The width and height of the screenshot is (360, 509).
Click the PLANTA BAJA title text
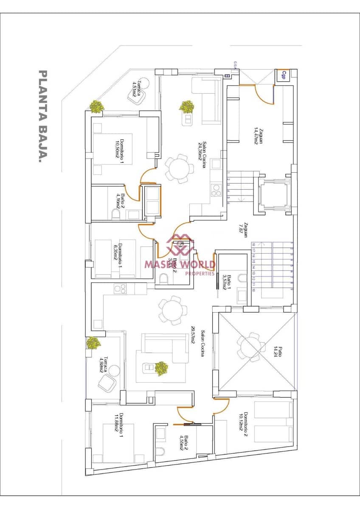[42, 117]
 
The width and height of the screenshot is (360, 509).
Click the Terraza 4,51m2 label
[136, 89]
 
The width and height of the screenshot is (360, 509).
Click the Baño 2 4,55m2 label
[184, 442]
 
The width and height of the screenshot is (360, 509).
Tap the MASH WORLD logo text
[180, 264]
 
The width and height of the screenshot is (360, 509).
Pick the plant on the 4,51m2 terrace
[97, 106]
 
